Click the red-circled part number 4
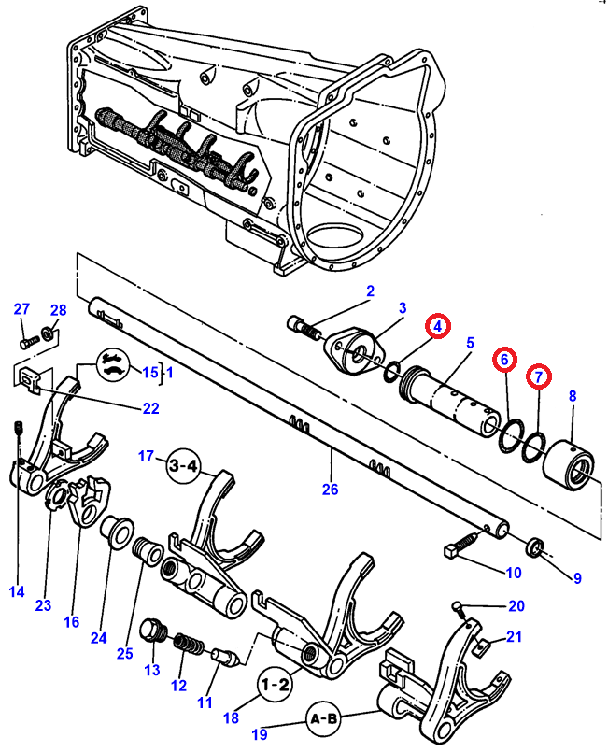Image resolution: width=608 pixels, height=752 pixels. click(437, 326)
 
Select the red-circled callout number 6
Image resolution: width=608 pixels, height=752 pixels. click(504, 360)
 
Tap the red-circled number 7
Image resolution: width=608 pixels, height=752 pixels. click(539, 377)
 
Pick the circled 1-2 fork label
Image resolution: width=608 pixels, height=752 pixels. click(275, 684)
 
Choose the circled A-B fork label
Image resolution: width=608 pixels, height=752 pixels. click(324, 718)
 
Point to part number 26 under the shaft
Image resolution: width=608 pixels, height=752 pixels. click(331, 490)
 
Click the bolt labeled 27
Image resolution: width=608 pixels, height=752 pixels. click(29, 343)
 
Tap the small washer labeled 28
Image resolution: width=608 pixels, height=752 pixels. click(48, 332)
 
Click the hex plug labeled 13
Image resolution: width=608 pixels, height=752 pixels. click(153, 631)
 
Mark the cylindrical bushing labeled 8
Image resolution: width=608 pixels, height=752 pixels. click(569, 464)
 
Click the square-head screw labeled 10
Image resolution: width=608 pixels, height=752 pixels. click(460, 546)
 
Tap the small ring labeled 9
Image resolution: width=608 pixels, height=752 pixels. click(535, 546)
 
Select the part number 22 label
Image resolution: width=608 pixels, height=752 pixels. click(150, 408)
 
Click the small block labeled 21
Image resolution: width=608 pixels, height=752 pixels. click(482, 647)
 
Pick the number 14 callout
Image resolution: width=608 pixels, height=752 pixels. click(17, 591)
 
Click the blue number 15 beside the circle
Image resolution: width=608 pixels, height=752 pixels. click(150, 372)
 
